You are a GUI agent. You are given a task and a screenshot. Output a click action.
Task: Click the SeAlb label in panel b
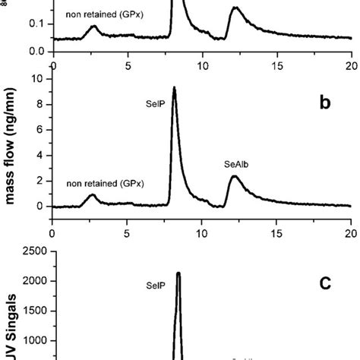click(235, 163)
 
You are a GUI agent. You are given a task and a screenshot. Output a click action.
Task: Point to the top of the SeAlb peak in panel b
click(235, 176)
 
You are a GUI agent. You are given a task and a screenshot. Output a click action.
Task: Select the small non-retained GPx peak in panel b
click(93, 195)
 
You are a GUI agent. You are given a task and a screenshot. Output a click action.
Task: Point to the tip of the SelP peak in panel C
click(178, 273)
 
